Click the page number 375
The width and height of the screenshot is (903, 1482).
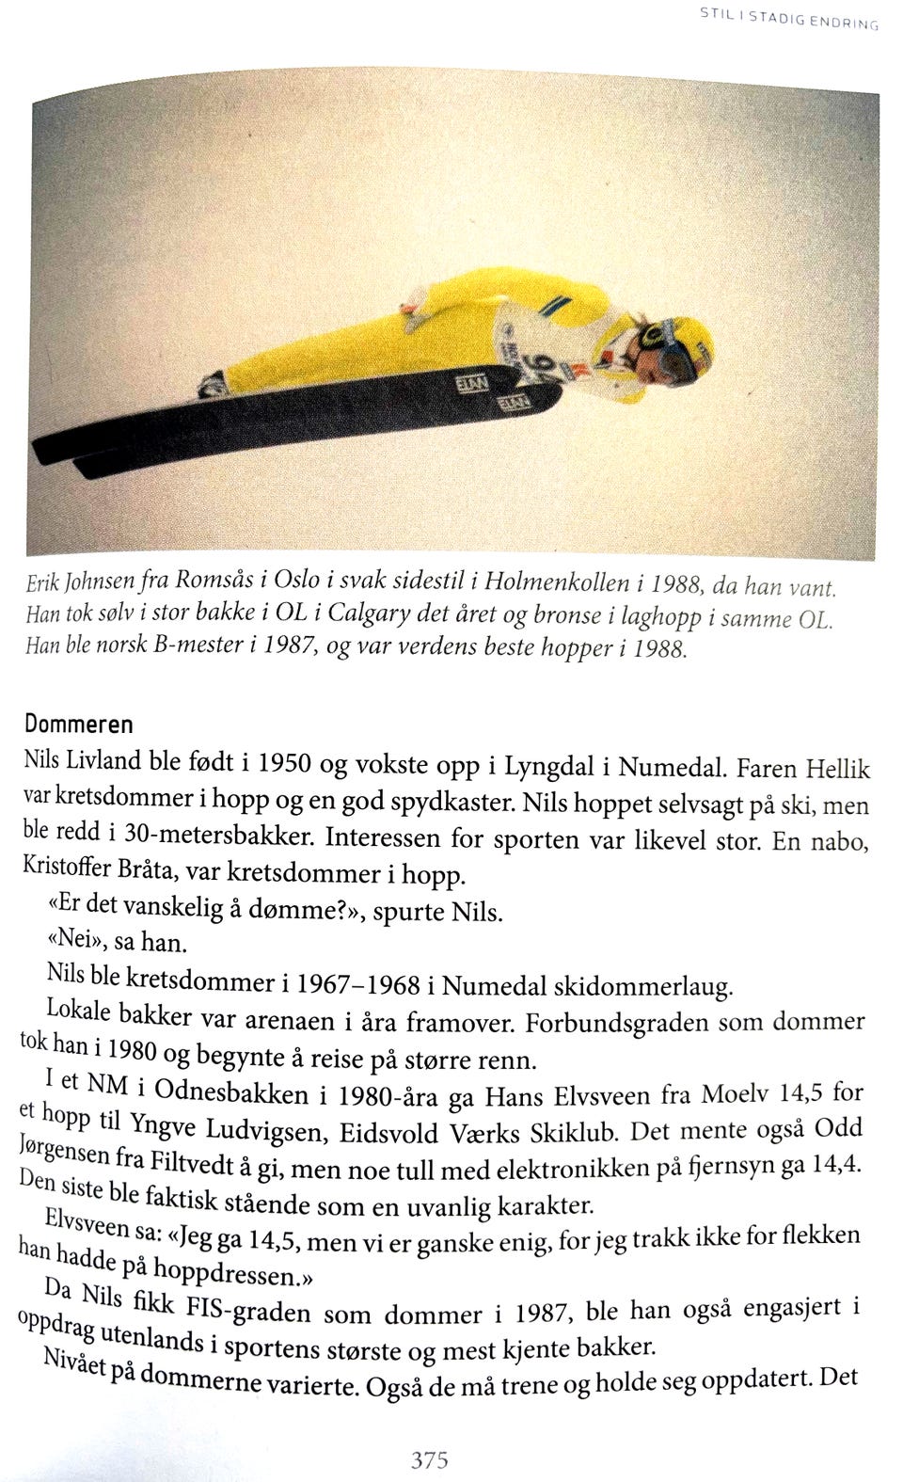tap(429, 1460)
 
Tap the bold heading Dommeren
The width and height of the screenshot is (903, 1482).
tap(78, 725)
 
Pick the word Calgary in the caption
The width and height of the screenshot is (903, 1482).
tap(389, 617)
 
